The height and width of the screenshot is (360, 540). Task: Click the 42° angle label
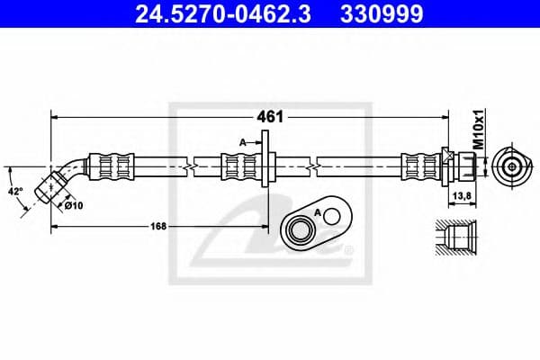pos(16,191)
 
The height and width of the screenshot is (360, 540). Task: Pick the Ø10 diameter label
pos(73,205)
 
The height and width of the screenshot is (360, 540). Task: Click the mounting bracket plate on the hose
pos(267,164)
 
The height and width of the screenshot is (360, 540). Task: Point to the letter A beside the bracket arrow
pos(243,142)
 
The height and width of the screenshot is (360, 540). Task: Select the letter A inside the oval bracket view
pos(317,211)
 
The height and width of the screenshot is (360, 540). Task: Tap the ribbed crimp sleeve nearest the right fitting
pos(418,166)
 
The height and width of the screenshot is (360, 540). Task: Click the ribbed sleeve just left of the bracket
pos(238,166)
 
